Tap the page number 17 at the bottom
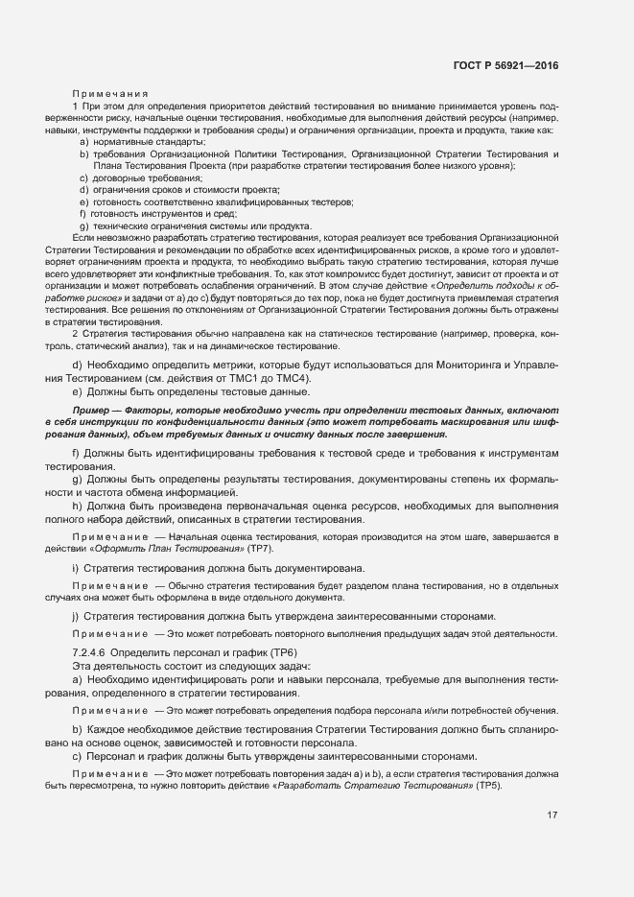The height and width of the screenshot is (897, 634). (552, 815)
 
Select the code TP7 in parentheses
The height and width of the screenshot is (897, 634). (260, 547)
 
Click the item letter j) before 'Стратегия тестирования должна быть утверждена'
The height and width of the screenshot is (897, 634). (76, 615)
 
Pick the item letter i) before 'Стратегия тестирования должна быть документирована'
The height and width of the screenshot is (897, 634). (76, 568)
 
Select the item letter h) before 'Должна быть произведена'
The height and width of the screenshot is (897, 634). (77, 506)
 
